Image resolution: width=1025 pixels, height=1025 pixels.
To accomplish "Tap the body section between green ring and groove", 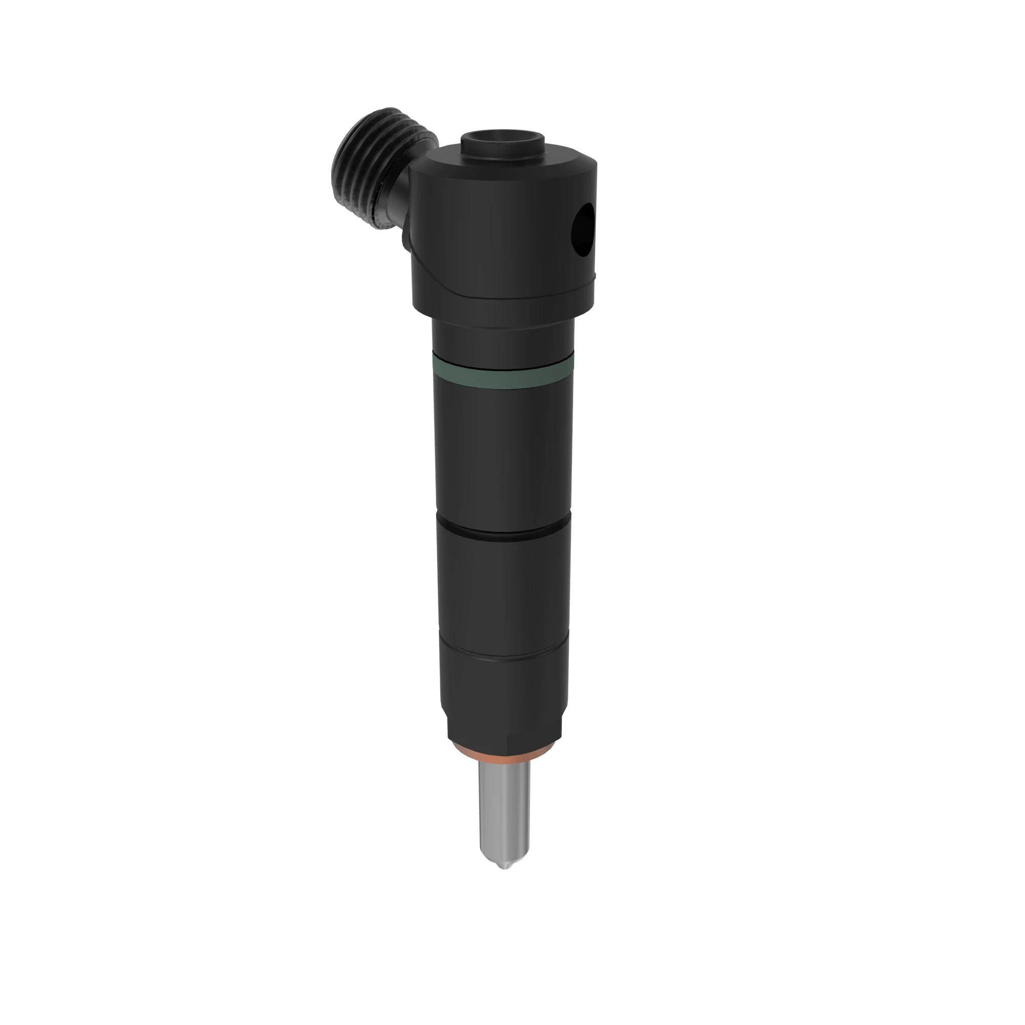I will coord(503,451).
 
